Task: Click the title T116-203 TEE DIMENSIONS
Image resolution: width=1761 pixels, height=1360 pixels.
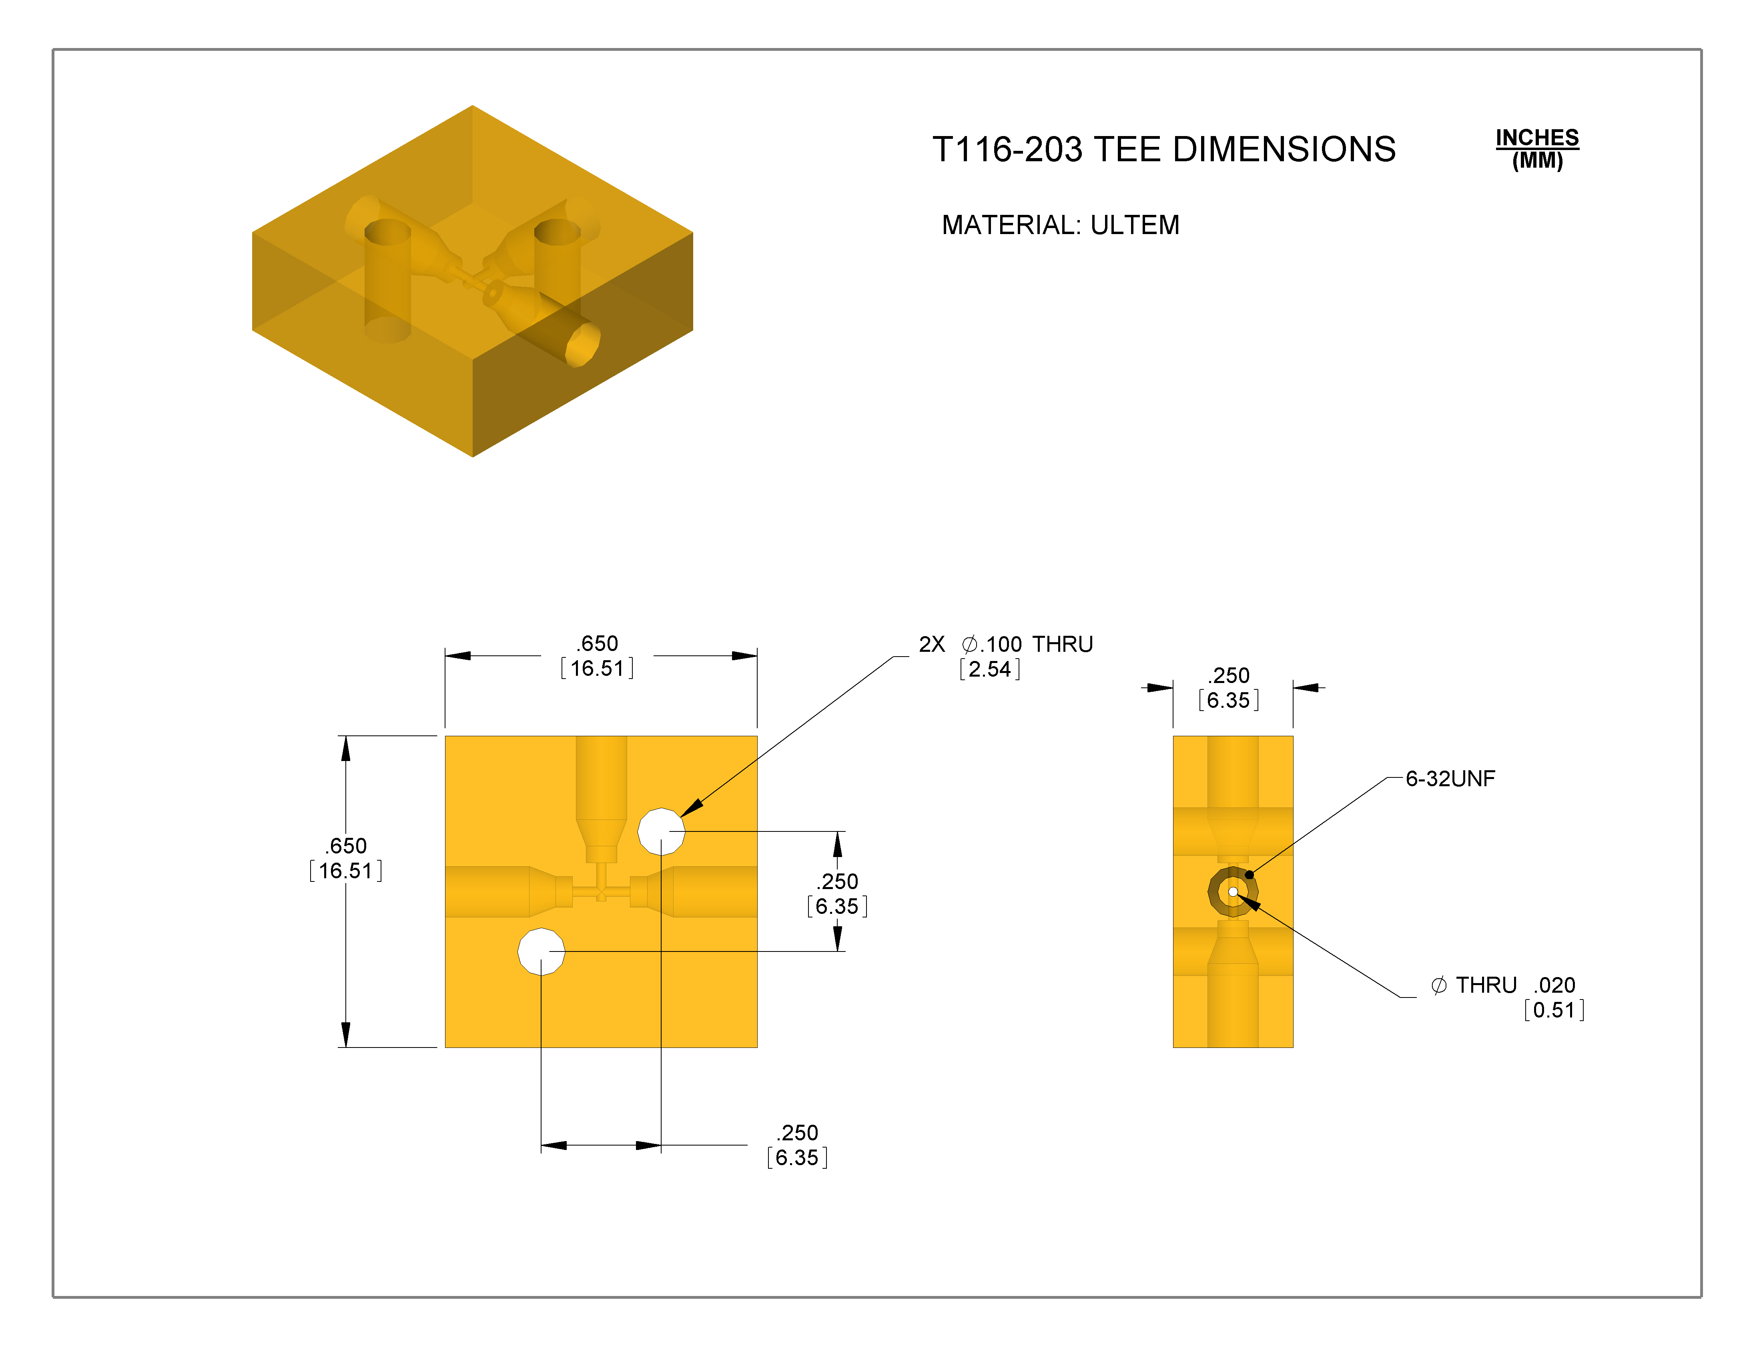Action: coord(1163,149)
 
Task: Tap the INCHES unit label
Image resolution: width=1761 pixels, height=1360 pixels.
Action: coord(1537,138)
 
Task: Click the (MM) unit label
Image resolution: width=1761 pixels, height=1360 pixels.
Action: coord(1537,160)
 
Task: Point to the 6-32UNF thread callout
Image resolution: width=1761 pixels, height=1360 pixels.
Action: coord(1450,779)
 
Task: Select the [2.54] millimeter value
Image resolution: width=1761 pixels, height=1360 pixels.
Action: coord(989,669)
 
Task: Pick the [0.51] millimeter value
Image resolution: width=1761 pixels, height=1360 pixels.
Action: coord(1554,1010)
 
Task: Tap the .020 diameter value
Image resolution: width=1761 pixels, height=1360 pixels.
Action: coord(1554,985)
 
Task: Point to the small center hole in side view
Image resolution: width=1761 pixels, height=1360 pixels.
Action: coord(1233,891)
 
